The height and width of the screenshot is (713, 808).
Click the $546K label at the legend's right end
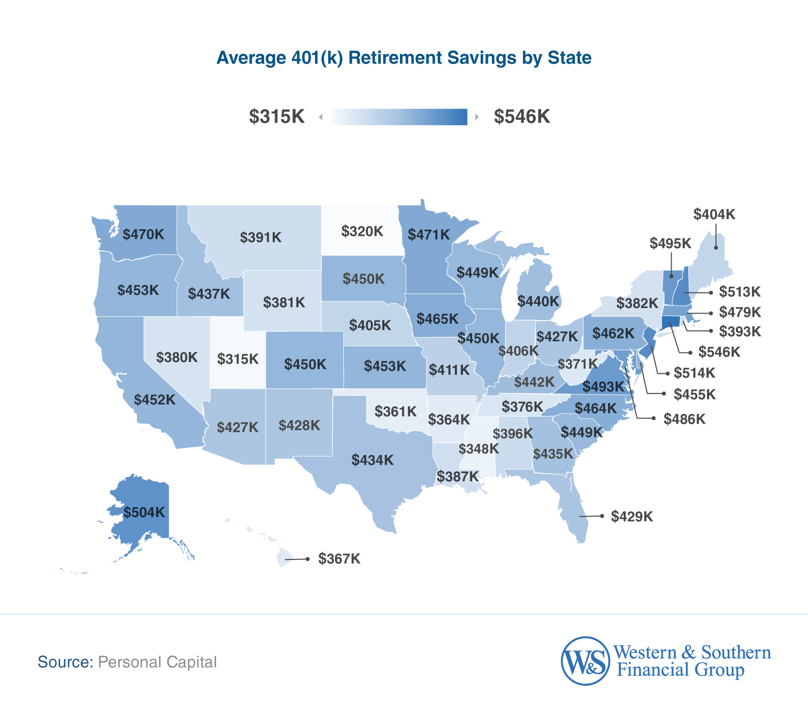(522, 117)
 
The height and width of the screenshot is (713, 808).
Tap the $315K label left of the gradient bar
(277, 117)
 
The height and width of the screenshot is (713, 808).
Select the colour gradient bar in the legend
(399, 117)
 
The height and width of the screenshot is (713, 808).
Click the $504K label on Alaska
(144, 513)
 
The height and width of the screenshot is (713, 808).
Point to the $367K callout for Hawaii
(339, 559)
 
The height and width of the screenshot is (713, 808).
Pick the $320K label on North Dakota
(362, 231)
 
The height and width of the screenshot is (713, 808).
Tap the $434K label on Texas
(373, 460)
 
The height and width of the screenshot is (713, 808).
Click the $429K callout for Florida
(632, 517)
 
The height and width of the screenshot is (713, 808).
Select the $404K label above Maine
(714, 215)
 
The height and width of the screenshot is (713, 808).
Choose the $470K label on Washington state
(143, 234)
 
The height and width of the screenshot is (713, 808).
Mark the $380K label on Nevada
(177, 358)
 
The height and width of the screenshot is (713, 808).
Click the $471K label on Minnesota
(429, 234)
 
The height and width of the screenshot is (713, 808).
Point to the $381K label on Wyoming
(284, 302)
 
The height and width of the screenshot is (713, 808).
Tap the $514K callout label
(694, 373)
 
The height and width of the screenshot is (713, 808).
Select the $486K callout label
(684, 419)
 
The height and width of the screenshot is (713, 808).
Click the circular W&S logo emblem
(585, 660)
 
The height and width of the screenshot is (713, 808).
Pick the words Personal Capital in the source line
(157, 662)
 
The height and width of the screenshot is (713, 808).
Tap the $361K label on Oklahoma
(396, 412)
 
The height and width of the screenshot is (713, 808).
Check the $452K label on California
(155, 400)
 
